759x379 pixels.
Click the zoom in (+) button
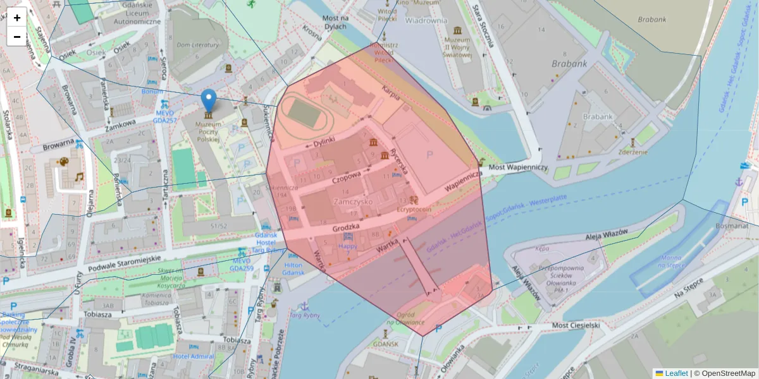[17, 18]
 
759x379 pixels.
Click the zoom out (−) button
[17, 37]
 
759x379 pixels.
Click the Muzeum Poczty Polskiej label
[208, 131]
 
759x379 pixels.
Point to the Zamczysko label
[354, 201]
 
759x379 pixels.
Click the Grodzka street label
[345, 226]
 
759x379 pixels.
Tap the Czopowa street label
[345, 174]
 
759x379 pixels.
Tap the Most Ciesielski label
[575, 325]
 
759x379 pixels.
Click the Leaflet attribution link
[676, 373]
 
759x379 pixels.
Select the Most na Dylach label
[334, 22]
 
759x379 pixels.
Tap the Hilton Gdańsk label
[293, 268]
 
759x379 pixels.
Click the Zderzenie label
[632, 152]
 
